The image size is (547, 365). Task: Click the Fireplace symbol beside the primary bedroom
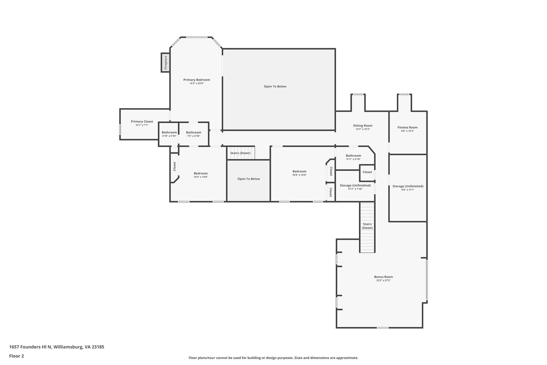click(x=165, y=63)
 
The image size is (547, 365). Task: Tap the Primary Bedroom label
click(x=197, y=80)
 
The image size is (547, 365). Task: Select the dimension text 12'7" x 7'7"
click(x=142, y=125)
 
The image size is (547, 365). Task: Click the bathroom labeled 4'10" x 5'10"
click(x=169, y=134)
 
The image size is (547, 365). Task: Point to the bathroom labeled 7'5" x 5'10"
click(x=194, y=134)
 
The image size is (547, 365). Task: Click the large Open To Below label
click(x=275, y=87)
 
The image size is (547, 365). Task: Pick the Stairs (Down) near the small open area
click(x=240, y=153)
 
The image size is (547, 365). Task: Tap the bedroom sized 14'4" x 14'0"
click(x=201, y=175)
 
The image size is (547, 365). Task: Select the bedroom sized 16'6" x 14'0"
click(x=299, y=173)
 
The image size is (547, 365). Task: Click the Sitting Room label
click(x=362, y=126)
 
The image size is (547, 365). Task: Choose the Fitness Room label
click(x=407, y=128)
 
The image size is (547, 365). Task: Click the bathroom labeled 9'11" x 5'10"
click(x=353, y=157)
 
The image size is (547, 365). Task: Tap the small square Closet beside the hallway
click(x=367, y=172)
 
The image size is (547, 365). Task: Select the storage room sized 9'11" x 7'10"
click(x=355, y=187)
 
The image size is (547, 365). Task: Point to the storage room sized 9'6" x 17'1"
click(x=408, y=188)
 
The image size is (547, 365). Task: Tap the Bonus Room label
click(x=383, y=277)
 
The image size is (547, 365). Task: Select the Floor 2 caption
click(x=17, y=356)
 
